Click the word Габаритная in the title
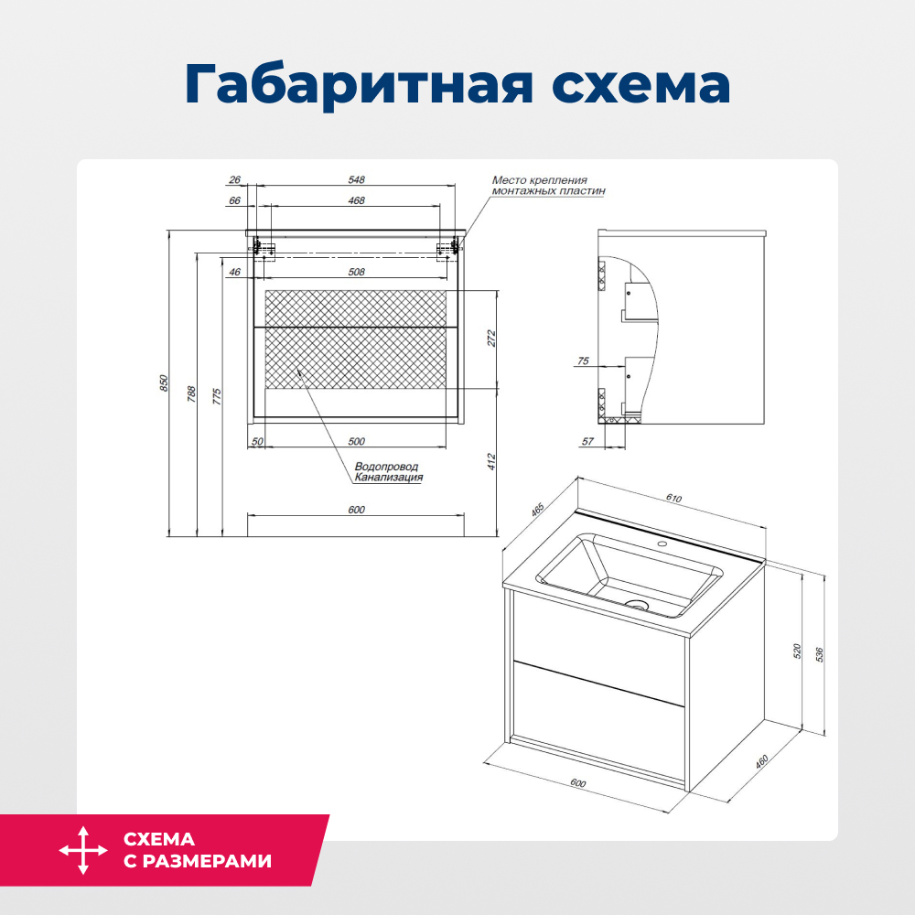[x=356, y=86]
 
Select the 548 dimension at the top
[x=357, y=180]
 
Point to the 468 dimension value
[x=357, y=200]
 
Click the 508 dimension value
[x=357, y=272]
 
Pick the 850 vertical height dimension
[x=165, y=382]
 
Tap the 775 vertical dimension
[x=218, y=395]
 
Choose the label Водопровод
[x=386, y=467]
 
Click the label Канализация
[x=389, y=478]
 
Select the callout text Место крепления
[x=540, y=180]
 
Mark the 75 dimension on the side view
[x=583, y=362]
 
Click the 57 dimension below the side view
[x=587, y=442]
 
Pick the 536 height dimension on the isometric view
[x=820, y=654]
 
